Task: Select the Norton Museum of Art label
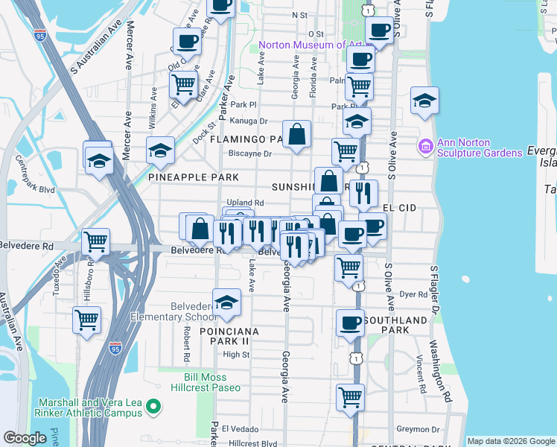click(311, 45)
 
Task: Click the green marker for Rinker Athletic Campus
click(153, 407)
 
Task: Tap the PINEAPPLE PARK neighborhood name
click(194, 177)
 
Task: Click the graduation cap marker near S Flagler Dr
click(424, 101)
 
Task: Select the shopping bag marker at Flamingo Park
click(297, 135)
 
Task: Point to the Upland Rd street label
click(245, 203)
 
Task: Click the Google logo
click(25, 438)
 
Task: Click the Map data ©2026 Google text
click(511, 441)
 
